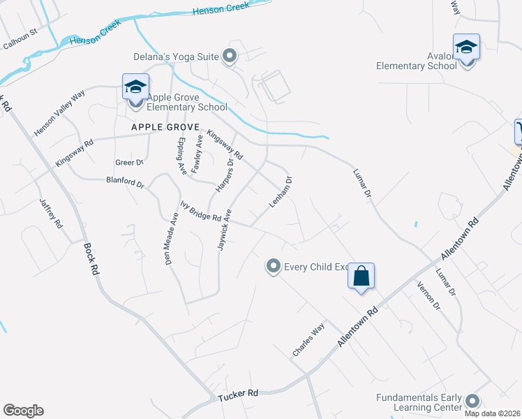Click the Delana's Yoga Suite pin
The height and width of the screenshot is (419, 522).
(x=230, y=57)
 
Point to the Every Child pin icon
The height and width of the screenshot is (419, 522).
(x=274, y=266)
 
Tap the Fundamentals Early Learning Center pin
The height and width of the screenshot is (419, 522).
(x=472, y=401)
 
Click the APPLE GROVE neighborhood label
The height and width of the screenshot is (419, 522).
(x=165, y=129)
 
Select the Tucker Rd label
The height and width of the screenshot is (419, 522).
(x=238, y=394)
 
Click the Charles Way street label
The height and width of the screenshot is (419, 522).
(x=308, y=339)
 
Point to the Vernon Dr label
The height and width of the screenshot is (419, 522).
(x=428, y=295)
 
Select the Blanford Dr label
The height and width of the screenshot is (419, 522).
(x=125, y=184)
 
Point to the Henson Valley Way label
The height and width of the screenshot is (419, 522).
(x=59, y=112)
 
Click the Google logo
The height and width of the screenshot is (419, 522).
(x=23, y=411)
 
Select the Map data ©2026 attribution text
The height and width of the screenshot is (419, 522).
(x=493, y=413)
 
